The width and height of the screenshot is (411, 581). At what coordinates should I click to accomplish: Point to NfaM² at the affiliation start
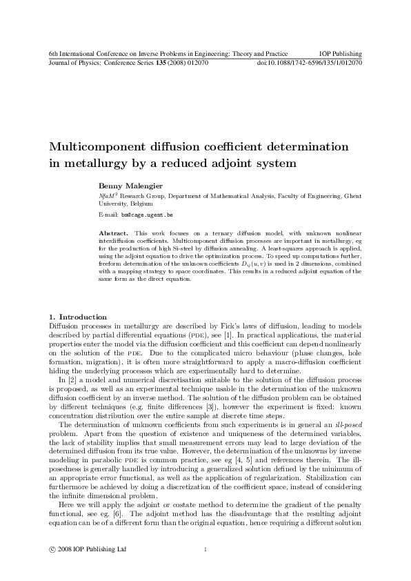point(109,196)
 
